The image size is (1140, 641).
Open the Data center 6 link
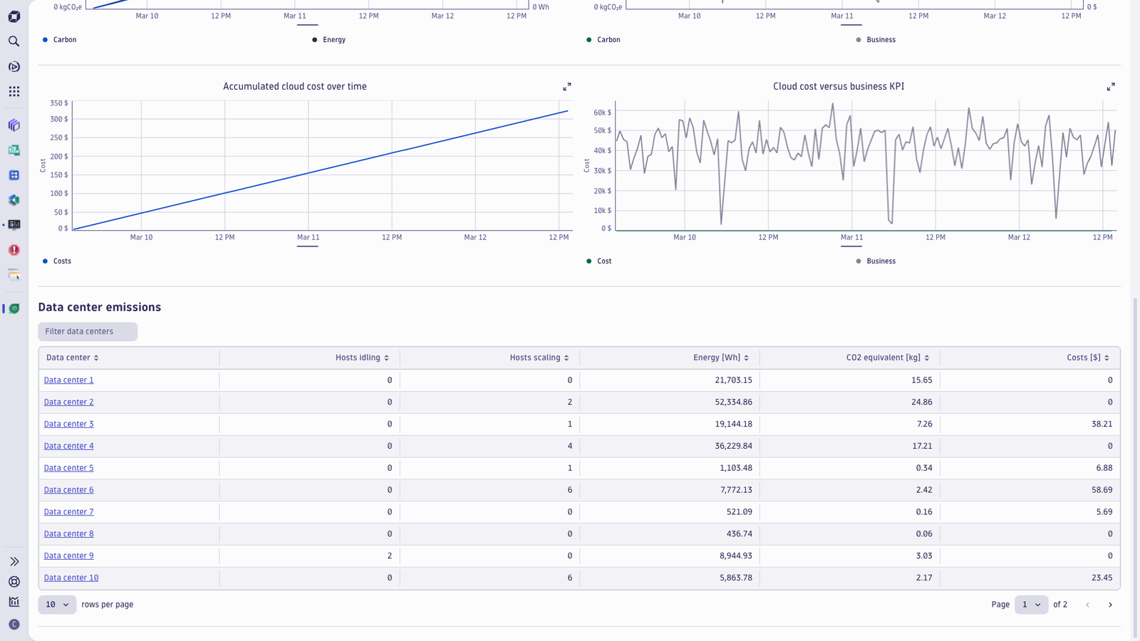click(x=68, y=490)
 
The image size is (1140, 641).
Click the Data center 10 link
click(x=71, y=578)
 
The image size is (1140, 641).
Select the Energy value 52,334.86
click(x=733, y=402)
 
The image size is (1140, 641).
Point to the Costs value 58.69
click(x=1102, y=490)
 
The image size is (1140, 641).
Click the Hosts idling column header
click(x=362, y=358)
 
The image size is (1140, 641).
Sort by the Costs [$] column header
click(x=1087, y=358)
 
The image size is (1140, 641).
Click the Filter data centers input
click(x=88, y=332)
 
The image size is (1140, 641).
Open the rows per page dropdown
click(x=57, y=605)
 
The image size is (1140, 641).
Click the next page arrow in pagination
click(x=1111, y=605)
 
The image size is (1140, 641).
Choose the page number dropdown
click(x=1031, y=605)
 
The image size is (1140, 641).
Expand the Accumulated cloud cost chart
click(x=567, y=87)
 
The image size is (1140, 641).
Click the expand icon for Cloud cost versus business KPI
click(x=1111, y=87)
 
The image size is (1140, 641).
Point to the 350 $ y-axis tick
click(x=59, y=103)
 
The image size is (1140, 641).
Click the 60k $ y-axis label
click(x=603, y=113)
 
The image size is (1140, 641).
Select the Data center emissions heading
click(x=100, y=307)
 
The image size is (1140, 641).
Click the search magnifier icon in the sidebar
click(x=14, y=41)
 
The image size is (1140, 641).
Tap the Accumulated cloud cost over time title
click(x=295, y=86)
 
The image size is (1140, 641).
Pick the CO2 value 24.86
click(x=922, y=402)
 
